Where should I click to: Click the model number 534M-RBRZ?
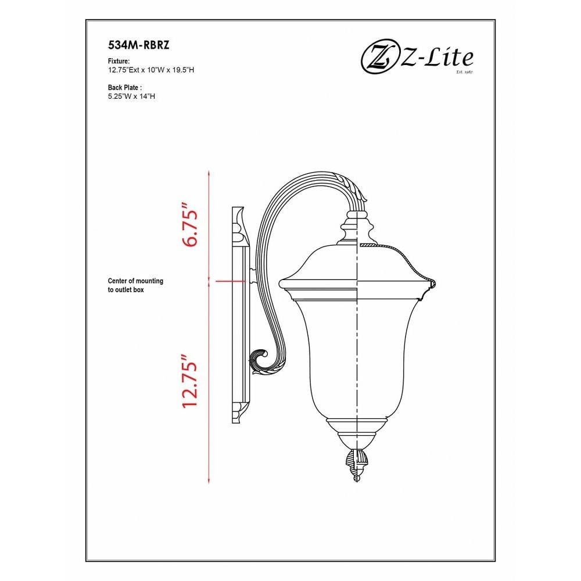[139, 45]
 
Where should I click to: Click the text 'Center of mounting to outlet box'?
[135, 285]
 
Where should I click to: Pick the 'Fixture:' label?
[119, 61]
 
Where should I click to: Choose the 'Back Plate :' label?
[125, 88]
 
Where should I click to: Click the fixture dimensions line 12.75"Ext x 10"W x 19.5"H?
[151, 70]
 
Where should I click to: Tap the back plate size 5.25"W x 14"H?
[131, 96]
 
